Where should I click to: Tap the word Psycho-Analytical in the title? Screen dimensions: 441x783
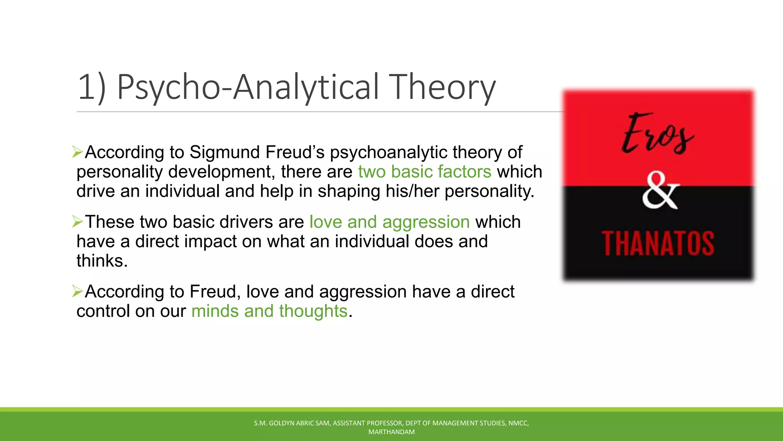click(248, 87)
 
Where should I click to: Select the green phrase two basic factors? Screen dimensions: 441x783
click(424, 171)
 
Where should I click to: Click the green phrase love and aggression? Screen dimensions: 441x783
click(389, 222)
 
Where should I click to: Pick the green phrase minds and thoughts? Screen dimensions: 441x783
click(269, 311)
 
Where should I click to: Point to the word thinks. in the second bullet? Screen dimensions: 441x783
click(102, 261)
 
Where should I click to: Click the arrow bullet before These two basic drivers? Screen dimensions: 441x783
click(77, 222)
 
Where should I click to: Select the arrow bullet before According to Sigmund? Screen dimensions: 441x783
click(77, 152)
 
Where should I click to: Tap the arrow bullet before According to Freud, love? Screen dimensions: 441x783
click(77, 291)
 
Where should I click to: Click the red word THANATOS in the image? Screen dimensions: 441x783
click(658, 243)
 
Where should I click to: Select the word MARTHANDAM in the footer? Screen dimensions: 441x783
click(391, 432)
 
